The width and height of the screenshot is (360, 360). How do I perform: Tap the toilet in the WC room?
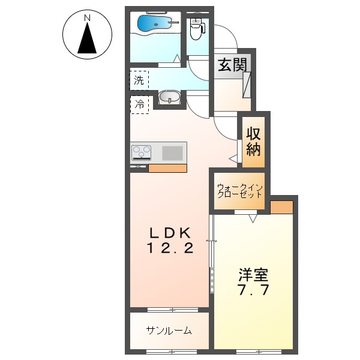point(197,27)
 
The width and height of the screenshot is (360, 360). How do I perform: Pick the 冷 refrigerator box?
point(139,104)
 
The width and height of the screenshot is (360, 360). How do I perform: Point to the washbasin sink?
point(170,97)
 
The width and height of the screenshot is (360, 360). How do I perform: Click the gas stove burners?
point(142,152)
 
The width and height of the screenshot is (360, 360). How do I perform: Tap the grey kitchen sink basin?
point(172,152)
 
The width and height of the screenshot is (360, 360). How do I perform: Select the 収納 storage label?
point(253,142)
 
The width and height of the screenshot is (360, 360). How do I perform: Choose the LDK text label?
point(170,232)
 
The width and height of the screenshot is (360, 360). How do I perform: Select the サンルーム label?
point(169,330)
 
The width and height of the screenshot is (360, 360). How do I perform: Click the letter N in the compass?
point(88,19)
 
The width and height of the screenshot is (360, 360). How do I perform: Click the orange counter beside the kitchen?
point(167,168)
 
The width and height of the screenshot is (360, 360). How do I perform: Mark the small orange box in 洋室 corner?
point(281,207)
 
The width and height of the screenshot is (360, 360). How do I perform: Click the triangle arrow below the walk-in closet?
point(253,218)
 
